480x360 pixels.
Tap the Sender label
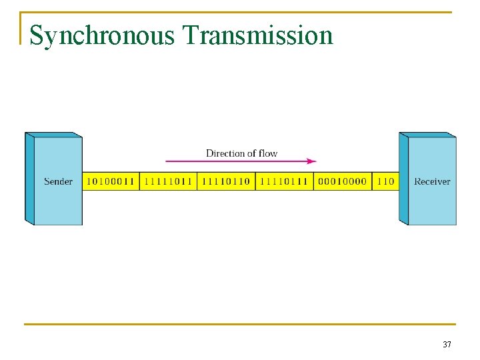tap(59, 181)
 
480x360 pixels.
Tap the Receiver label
tap(432, 181)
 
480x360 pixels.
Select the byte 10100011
tap(111, 181)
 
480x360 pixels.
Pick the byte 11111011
tap(168, 181)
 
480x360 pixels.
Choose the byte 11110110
tap(226, 181)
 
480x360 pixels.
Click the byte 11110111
tap(284, 181)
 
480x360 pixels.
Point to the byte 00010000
tap(342, 181)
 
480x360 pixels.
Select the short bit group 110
tap(385, 181)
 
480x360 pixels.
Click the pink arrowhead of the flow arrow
tap(311, 161)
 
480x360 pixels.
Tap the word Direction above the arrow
tap(225, 153)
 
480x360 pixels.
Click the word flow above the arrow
tap(268, 153)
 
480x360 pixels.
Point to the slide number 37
tap(447, 345)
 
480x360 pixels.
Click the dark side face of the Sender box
tap(29, 179)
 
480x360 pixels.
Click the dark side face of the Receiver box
tap(403, 179)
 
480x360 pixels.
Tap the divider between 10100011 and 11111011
tap(139, 181)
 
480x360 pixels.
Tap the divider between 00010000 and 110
tap(371, 181)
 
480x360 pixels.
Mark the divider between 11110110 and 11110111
tap(255, 181)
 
